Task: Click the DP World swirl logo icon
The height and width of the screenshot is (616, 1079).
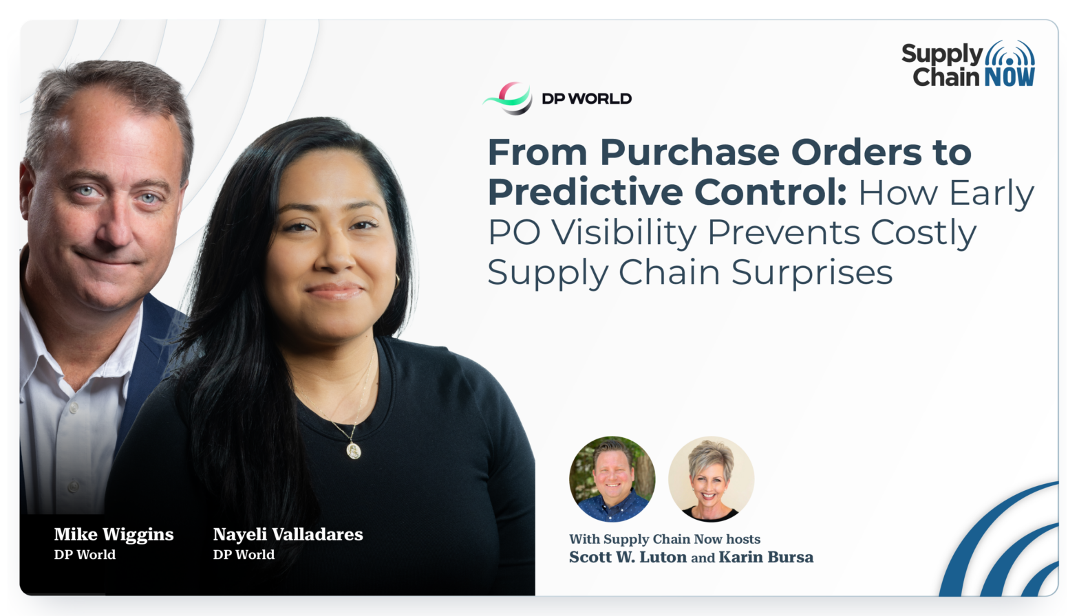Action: [508, 98]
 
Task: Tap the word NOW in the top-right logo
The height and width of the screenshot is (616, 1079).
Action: [1009, 77]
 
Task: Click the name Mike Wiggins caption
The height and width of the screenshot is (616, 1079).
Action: [114, 535]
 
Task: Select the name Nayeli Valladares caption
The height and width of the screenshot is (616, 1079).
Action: [288, 534]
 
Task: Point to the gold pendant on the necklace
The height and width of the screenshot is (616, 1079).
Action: [354, 451]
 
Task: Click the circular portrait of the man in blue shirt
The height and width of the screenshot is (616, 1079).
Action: [612, 479]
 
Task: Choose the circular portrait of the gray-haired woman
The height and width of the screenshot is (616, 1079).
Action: [712, 479]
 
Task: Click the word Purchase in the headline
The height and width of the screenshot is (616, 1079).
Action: [690, 153]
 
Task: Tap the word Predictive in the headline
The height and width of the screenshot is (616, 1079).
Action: [585, 192]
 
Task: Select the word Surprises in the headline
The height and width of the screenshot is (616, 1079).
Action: [812, 273]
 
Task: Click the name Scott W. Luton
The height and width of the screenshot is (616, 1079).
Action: [628, 557]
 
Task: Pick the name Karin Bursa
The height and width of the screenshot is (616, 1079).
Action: [766, 557]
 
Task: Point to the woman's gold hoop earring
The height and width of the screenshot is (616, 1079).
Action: [398, 282]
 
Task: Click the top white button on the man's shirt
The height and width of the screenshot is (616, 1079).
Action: [74, 408]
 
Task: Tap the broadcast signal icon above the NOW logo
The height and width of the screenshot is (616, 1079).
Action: [1009, 54]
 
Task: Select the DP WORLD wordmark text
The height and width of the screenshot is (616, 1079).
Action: [587, 99]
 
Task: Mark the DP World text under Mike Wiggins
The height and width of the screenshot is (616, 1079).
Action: [85, 554]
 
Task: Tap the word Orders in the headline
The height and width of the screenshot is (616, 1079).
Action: [857, 153]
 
